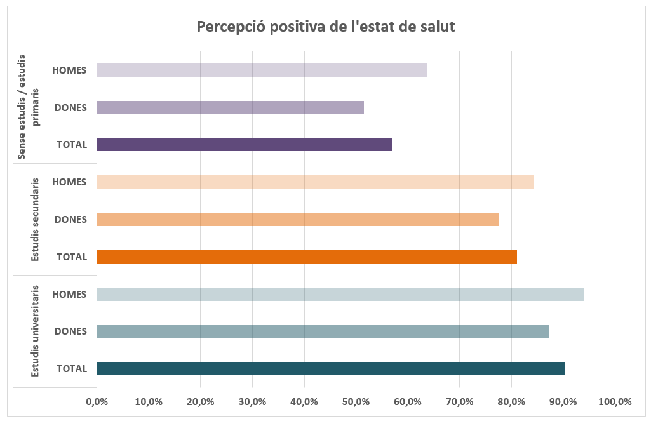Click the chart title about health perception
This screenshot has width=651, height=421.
pyautogui.click(x=325, y=27)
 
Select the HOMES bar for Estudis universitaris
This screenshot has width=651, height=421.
pyautogui.click(x=340, y=294)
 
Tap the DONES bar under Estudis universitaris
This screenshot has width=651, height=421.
pyautogui.click(x=323, y=331)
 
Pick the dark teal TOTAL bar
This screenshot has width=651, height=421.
pyautogui.click(x=330, y=369)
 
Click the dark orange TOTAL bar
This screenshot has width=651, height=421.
pyautogui.click(x=306, y=257)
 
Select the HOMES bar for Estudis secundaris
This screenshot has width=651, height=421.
pyautogui.click(x=314, y=182)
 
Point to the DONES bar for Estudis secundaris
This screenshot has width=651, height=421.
pyautogui.click(x=297, y=219)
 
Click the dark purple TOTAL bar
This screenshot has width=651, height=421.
pyautogui.click(x=244, y=144)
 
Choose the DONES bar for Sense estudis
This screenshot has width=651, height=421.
pyautogui.click(x=230, y=107)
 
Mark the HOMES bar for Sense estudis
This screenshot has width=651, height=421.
pyautogui.click(x=261, y=70)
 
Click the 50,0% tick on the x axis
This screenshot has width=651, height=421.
pyautogui.click(x=356, y=402)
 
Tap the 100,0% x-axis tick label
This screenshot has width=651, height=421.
pyautogui.click(x=615, y=402)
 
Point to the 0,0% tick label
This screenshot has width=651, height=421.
pyautogui.click(x=97, y=402)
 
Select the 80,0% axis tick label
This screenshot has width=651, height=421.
pyautogui.click(x=511, y=402)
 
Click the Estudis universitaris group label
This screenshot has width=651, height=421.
pyautogui.click(x=36, y=331)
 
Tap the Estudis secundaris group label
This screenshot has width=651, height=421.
pyautogui.click(x=36, y=219)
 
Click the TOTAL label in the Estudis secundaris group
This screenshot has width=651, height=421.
pyautogui.click(x=72, y=257)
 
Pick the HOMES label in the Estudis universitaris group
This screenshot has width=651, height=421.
pyautogui.click(x=69, y=294)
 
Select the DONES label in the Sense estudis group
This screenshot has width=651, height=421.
pyautogui.click(x=70, y=107)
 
